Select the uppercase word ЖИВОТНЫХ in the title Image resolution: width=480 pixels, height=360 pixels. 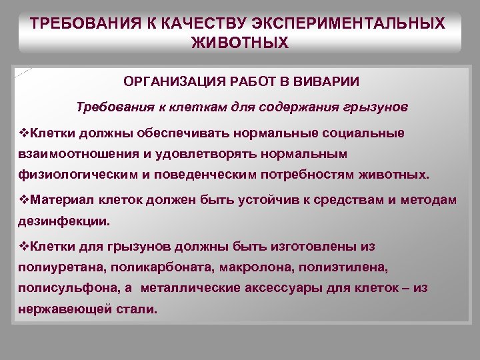(240, 43)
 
